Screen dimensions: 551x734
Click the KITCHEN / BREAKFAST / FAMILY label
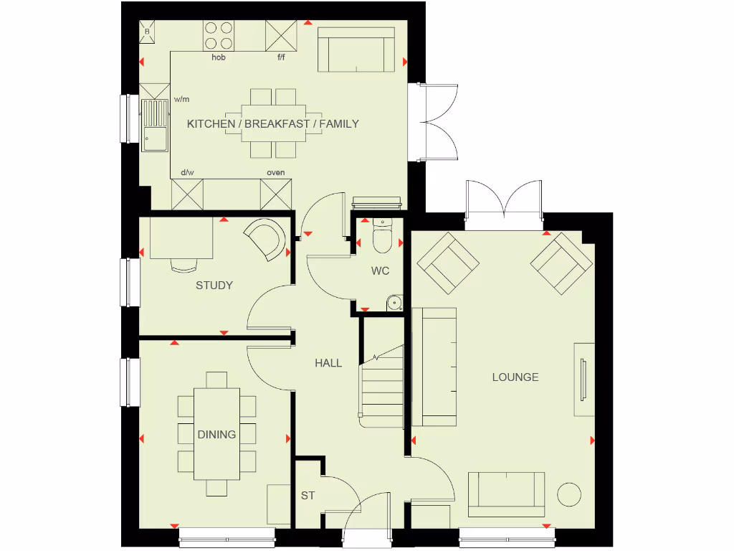(x=272, y=124)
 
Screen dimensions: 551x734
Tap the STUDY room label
(x=214, y=286)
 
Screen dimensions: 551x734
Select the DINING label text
(x=216, y=434)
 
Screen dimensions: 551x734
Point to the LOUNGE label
(x=515, y=377)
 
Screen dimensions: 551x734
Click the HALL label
(x=328, y=364)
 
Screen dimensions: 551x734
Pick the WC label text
(x=380, y=271)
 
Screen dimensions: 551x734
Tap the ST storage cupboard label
(x=308, y=496)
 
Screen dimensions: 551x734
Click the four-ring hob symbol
(x=219, y=35)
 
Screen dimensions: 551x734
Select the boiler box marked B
(x=148, y=32)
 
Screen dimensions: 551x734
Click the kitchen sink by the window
(x=155, y=125)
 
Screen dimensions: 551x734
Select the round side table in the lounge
(x=570, y=495)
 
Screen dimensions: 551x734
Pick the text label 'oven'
(x=276, y=173)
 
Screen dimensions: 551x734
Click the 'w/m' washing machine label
(x=181, y=100)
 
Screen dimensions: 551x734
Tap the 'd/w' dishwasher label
(x=188, y=173)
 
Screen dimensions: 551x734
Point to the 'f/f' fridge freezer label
(x=282, y=57)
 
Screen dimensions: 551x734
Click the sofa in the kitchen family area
(x=356, y=51)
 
